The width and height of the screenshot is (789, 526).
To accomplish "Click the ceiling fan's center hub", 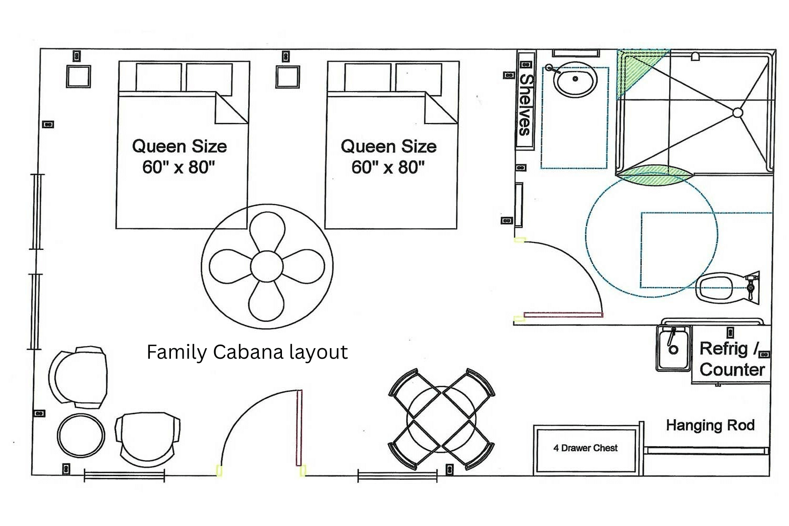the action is pyautogui.click(x=267, y=267).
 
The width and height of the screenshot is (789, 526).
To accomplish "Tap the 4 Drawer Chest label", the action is pyautogui.click(x=585, y=448).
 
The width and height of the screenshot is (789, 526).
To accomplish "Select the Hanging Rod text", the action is pyautogui.click(x=710, y=425).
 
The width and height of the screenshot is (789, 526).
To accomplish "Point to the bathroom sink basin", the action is pyautogui.click(x=575, y=79).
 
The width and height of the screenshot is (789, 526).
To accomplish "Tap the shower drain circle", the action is pyautogui.click(x=737, y=113).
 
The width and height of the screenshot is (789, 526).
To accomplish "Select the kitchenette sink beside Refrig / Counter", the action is pyautogui.click(x=673, y=348).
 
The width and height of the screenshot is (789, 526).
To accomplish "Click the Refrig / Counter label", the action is pyautogui.click(x=732, y=359).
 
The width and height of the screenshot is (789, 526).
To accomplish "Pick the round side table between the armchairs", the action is pyautogui.click(x=81, y=436).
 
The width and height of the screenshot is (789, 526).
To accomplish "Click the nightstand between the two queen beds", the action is pyautogui.click(x=287, y=77).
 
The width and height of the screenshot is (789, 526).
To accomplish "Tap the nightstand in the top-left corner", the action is pyautogui.click(x=78, y=76).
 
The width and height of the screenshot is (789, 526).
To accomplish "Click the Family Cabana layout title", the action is pyautogui.click(x=247, y=352).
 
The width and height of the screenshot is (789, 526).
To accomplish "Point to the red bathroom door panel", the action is pyautogui.click(x=563, y=315).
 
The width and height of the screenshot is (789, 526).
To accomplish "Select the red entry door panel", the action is pyautogui.click(x=299, y=428).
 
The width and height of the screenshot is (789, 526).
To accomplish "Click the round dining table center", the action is pyautogui.click(x=441, y=420).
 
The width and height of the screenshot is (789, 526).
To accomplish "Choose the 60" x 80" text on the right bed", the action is pyautogui.click(x=388, y=167).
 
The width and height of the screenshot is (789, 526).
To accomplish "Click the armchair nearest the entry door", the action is pyautogui.click(x=148, y=439).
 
